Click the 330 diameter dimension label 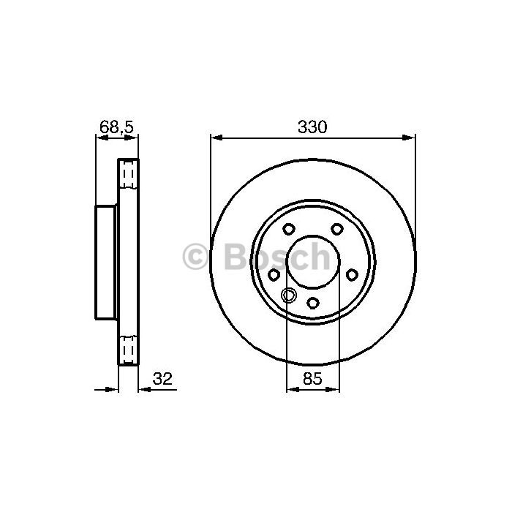312,127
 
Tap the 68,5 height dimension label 116,127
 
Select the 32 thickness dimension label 162,378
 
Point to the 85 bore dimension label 312,378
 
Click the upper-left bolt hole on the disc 289,229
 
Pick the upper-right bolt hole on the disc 337,229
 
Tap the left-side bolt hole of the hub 274,274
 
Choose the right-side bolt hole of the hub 352,274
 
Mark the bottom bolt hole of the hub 313,303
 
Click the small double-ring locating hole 289,295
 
